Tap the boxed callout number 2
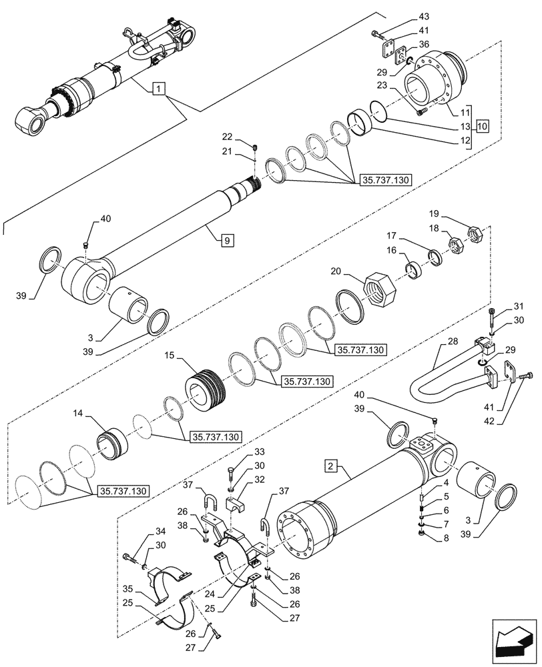332,464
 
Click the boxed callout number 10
483,126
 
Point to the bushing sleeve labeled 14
111,442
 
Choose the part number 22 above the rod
246,137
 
